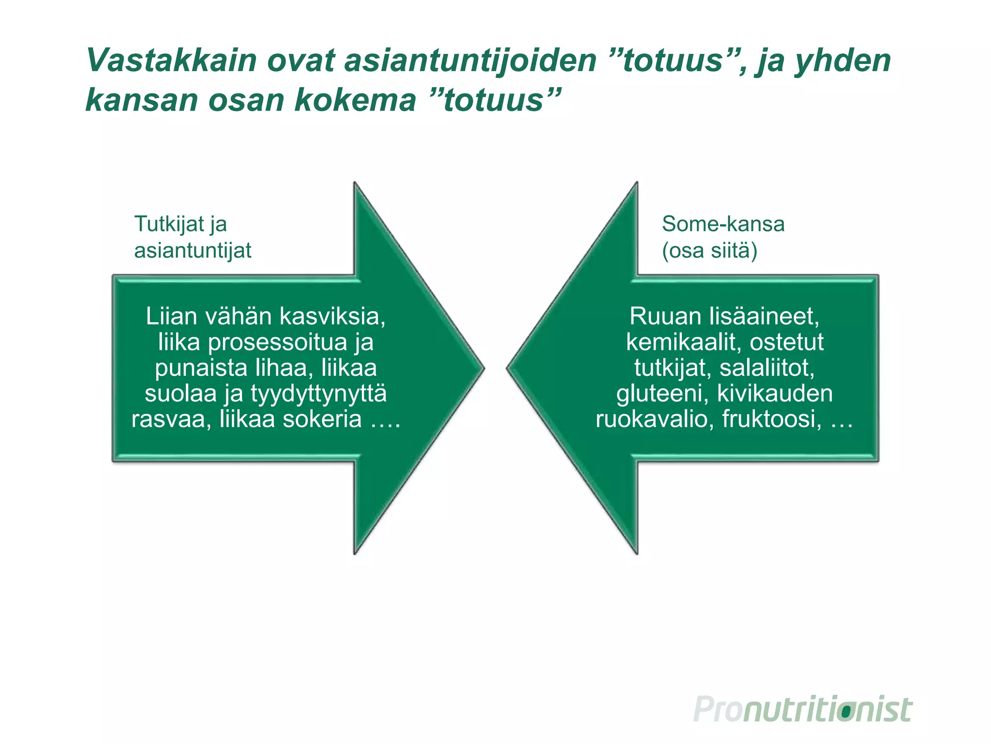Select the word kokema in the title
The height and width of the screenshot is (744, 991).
[x=355, y=100]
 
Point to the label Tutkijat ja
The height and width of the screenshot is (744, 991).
[x=180, y=224]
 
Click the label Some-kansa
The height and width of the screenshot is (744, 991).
[x=723, y=224]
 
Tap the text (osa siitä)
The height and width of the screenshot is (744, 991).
[x=709, y=251]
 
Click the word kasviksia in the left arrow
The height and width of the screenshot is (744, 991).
[x=332, y=316]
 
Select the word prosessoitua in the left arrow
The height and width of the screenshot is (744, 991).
[x=278, y=342]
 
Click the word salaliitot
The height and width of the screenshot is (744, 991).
[x=767, y=368]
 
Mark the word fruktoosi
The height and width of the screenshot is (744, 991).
[x=772, y=419]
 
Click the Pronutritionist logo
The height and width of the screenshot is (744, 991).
[x=803, y=710]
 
